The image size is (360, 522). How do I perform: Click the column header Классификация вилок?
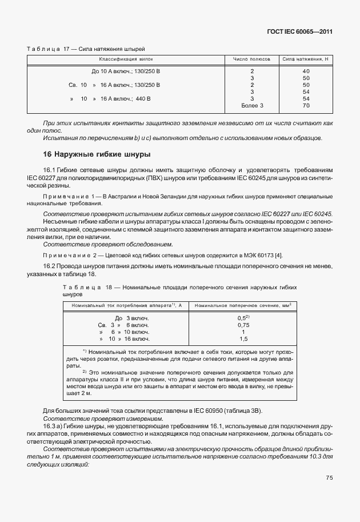click(126, 59)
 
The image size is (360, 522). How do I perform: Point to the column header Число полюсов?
click(251, 59)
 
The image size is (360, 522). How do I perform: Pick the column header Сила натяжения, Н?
click(306, 59)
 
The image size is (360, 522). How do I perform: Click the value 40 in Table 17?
click(306, 71)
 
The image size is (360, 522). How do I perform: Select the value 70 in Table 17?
click(306, 106)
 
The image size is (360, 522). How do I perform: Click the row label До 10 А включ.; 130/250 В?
click(126, 71)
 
